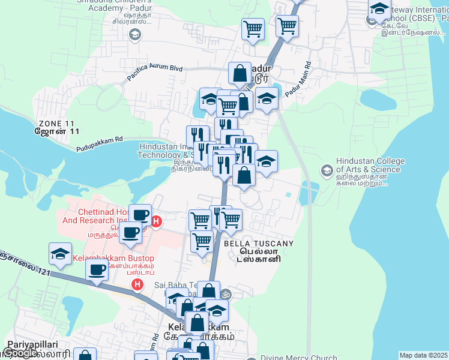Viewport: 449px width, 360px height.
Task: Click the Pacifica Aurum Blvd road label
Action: tap(154, 73)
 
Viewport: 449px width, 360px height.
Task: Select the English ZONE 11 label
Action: tap(58, 122)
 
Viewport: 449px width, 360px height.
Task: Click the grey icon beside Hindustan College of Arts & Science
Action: tap(327, 170)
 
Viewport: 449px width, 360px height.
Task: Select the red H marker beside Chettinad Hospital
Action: tap(156, 222)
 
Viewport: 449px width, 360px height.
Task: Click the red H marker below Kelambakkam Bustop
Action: tap(137, 284)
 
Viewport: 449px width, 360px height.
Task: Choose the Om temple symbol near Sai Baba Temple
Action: tap(226, 294)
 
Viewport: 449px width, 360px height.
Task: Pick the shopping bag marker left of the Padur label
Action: tap(240, 74)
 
